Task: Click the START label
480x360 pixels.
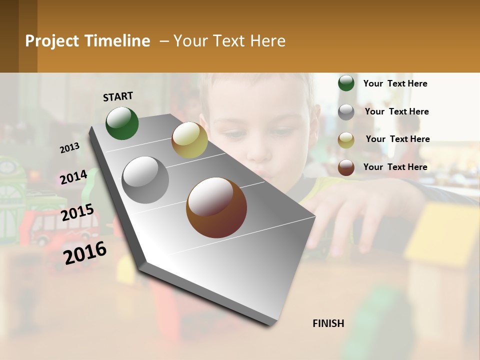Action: click(x=118, y=96)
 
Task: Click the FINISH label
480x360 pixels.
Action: click(x=328, y=323)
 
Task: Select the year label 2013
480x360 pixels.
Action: click(x=69, y=147)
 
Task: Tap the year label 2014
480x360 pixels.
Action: click(x=73, y=177)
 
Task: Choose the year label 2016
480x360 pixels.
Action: click(x=85, y=252)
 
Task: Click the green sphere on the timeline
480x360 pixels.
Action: click(x=122, y=123)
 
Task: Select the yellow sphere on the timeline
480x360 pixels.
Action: click(x=189, y=140)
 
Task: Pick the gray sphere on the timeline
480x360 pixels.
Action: click(x=145, y=179)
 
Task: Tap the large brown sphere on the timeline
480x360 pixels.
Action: click(x=216, y=207)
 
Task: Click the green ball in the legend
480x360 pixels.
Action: click(x=346, y=83)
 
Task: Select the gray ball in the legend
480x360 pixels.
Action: click(x=346, y=112)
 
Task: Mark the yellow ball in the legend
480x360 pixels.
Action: click(x=346, y=139)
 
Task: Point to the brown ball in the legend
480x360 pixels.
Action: click(x=346, y=167)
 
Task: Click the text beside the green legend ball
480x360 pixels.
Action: click(x=395, y=83)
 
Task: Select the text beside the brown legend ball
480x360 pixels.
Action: click(x=395, y=167)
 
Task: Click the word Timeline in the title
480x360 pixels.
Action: click(x=117, y=41)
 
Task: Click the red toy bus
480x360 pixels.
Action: click(x=47, y=227)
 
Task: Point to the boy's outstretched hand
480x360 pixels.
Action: click(x=350, y=220)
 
